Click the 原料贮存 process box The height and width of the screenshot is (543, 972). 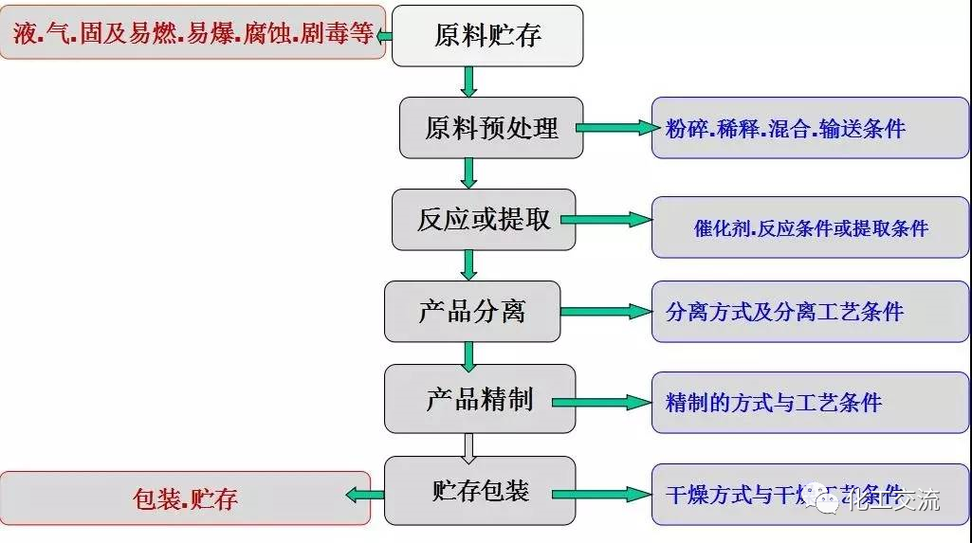[x=486, y=36]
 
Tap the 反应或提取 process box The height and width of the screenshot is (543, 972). [x=484, y=220]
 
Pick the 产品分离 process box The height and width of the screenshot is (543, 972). [x=471, y=311]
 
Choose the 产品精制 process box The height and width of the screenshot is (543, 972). [x=479, y=399]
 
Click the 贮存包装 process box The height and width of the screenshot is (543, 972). [x=479, y=491]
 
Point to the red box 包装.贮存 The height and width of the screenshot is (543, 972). [x=185, y=498]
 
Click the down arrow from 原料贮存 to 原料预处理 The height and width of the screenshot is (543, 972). [x=468, y=81]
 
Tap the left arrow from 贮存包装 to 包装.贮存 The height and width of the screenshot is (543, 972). [x=365, y=494]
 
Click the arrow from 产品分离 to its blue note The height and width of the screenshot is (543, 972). [x=604, y=311]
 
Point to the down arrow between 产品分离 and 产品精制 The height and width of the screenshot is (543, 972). [x=468, y=353]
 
